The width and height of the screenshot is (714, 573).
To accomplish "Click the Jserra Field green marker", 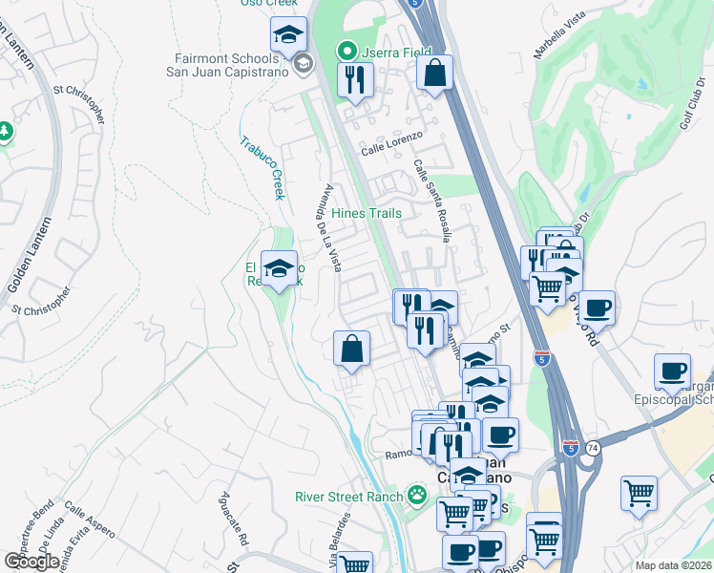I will tap(346, 51).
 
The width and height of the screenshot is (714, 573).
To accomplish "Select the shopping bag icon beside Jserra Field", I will tap(434, 73).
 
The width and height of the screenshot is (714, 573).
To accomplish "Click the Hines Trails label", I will tap(367, 213).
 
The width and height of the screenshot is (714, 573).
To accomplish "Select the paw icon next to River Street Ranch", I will tap(416, 495).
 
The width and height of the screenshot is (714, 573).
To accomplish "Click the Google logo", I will tap(31, 561).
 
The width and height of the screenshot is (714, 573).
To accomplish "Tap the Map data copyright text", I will tap(673, 565).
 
